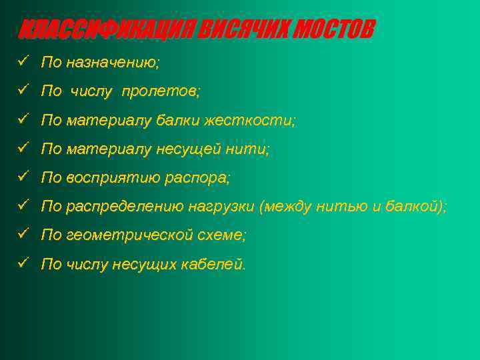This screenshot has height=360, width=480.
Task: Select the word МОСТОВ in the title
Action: (x=335, y=30)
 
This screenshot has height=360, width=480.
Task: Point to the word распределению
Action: (x=125, y=207)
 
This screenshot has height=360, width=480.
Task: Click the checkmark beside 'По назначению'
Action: (x=23, y=63)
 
